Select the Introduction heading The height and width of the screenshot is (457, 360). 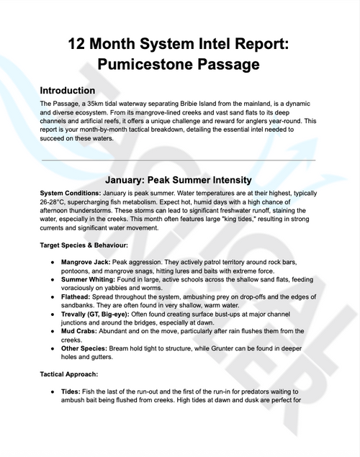(x=77, y=91)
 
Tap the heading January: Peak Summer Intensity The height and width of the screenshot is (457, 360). (x=178, y=179)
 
